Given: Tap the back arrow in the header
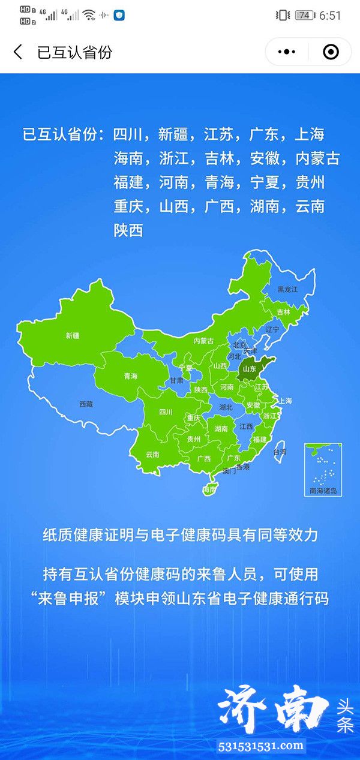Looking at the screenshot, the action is pos(18,52).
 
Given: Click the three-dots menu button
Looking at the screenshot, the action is pos(285,52).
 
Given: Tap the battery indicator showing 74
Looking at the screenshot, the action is pos(304,16).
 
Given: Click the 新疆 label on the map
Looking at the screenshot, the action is pos(73,336).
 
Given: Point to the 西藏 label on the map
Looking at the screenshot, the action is pos(86,404).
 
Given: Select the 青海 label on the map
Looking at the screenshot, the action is pos(130,376).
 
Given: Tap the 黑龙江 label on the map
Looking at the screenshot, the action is pos(287,289).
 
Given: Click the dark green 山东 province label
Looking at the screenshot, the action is pos(249,368).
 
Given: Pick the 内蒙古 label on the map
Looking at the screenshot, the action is pos(203,341).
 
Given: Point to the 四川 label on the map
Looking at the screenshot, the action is pos(166,412).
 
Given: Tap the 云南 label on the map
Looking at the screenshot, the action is pos(152,454).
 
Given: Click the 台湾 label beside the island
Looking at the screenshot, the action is pos(280,451).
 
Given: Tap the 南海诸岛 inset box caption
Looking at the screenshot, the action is pos(323,491).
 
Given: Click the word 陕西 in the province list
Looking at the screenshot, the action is pos(128,230).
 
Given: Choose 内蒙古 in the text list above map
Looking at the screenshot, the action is pos(317,158).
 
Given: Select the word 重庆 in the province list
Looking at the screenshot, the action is pos(128,206).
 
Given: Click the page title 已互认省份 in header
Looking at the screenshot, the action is pos(74,52).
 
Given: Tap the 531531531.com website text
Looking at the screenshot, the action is pos(262,746).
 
